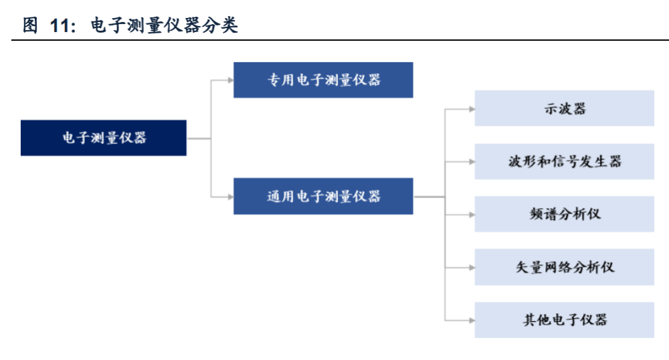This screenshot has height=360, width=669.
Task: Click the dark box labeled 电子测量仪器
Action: pyautogui.click(x=104, y=138)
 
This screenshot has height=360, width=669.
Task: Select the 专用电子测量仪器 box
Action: pyautogui.click(x=323, y=80)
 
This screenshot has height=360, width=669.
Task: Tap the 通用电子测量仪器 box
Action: pyautogui.click(x=323, y=196)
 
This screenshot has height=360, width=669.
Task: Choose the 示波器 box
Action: pyautogui.click(x=564, y=108)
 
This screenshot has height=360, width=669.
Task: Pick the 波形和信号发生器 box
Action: pyautogui.click(x=564, y=162)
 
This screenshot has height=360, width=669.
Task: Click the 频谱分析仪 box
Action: pyautogui.click(x=564, y=214)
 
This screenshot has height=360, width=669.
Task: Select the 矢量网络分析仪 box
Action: pyautogui.click(x=564, y=267)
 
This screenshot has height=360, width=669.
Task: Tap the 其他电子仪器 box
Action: pyautogui.click(x=564, y=320)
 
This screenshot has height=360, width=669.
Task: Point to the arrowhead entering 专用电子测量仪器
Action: pyautogui.click(x=230, y=80)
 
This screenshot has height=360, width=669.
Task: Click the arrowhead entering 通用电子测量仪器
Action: pyautogui.click(x=230, y=197)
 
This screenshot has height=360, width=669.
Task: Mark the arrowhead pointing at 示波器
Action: pyautogui.click(x=472, y=109)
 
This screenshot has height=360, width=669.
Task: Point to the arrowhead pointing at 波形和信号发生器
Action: pyautogui.click(x=472, y=162)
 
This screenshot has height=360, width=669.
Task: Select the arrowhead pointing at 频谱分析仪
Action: pyautogui.click(x=472, y=215)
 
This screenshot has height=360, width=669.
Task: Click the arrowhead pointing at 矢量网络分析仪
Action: pyautogui.click(x=472, y=268)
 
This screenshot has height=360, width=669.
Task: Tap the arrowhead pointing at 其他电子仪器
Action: pyautogui.click(x=472, y=320)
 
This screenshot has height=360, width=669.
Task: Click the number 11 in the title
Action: pyautogui.click(x=60, y=25)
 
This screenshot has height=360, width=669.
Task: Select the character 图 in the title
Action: pyautogui.click(x=30, y=25)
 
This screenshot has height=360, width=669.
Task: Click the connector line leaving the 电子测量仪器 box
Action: pyautogui.click(x=199, y=139)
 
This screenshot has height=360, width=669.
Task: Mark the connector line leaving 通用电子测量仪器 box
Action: pyautogui.click(x=429, y=197)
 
